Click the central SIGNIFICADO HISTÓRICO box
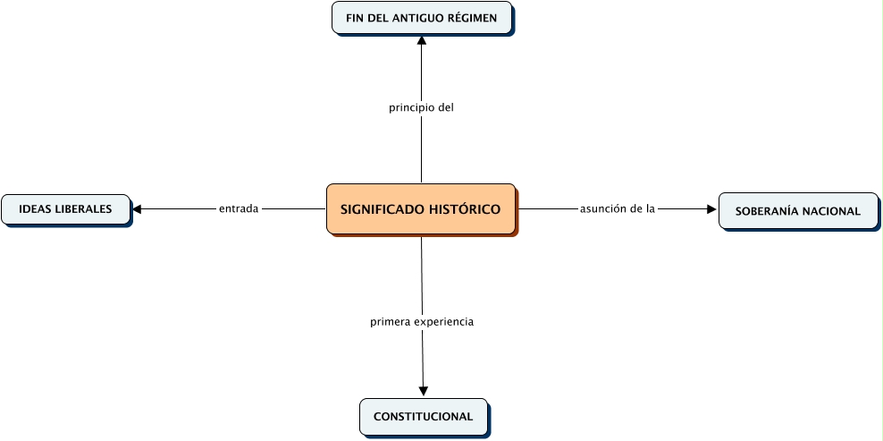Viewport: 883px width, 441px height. click(x=420, y=209)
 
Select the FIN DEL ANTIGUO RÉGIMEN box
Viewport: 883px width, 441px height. click(x=422, y=18)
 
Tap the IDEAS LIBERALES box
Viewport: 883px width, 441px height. click(x=65, y=209)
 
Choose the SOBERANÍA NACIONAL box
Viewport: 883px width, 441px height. click(x=797, y=211)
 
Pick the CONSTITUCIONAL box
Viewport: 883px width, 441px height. click(x=423, y=417)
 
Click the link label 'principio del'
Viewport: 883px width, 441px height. click(x=422, y=107)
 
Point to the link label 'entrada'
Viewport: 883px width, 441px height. click(x=239, y=209)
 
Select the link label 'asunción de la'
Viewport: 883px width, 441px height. click(x=618, y=209)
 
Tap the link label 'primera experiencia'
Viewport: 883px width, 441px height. click(x=422, y=321)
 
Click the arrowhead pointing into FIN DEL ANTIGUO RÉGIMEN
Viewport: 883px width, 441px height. click(x=422, y=40)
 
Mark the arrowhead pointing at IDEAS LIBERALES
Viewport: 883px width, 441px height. click(x=138, y=209)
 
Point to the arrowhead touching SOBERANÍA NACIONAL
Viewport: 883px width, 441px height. click(x=711, y=209)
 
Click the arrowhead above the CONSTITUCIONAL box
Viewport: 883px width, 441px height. click(x=423, y=391)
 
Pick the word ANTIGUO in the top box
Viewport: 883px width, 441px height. click(x=413, y=18)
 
